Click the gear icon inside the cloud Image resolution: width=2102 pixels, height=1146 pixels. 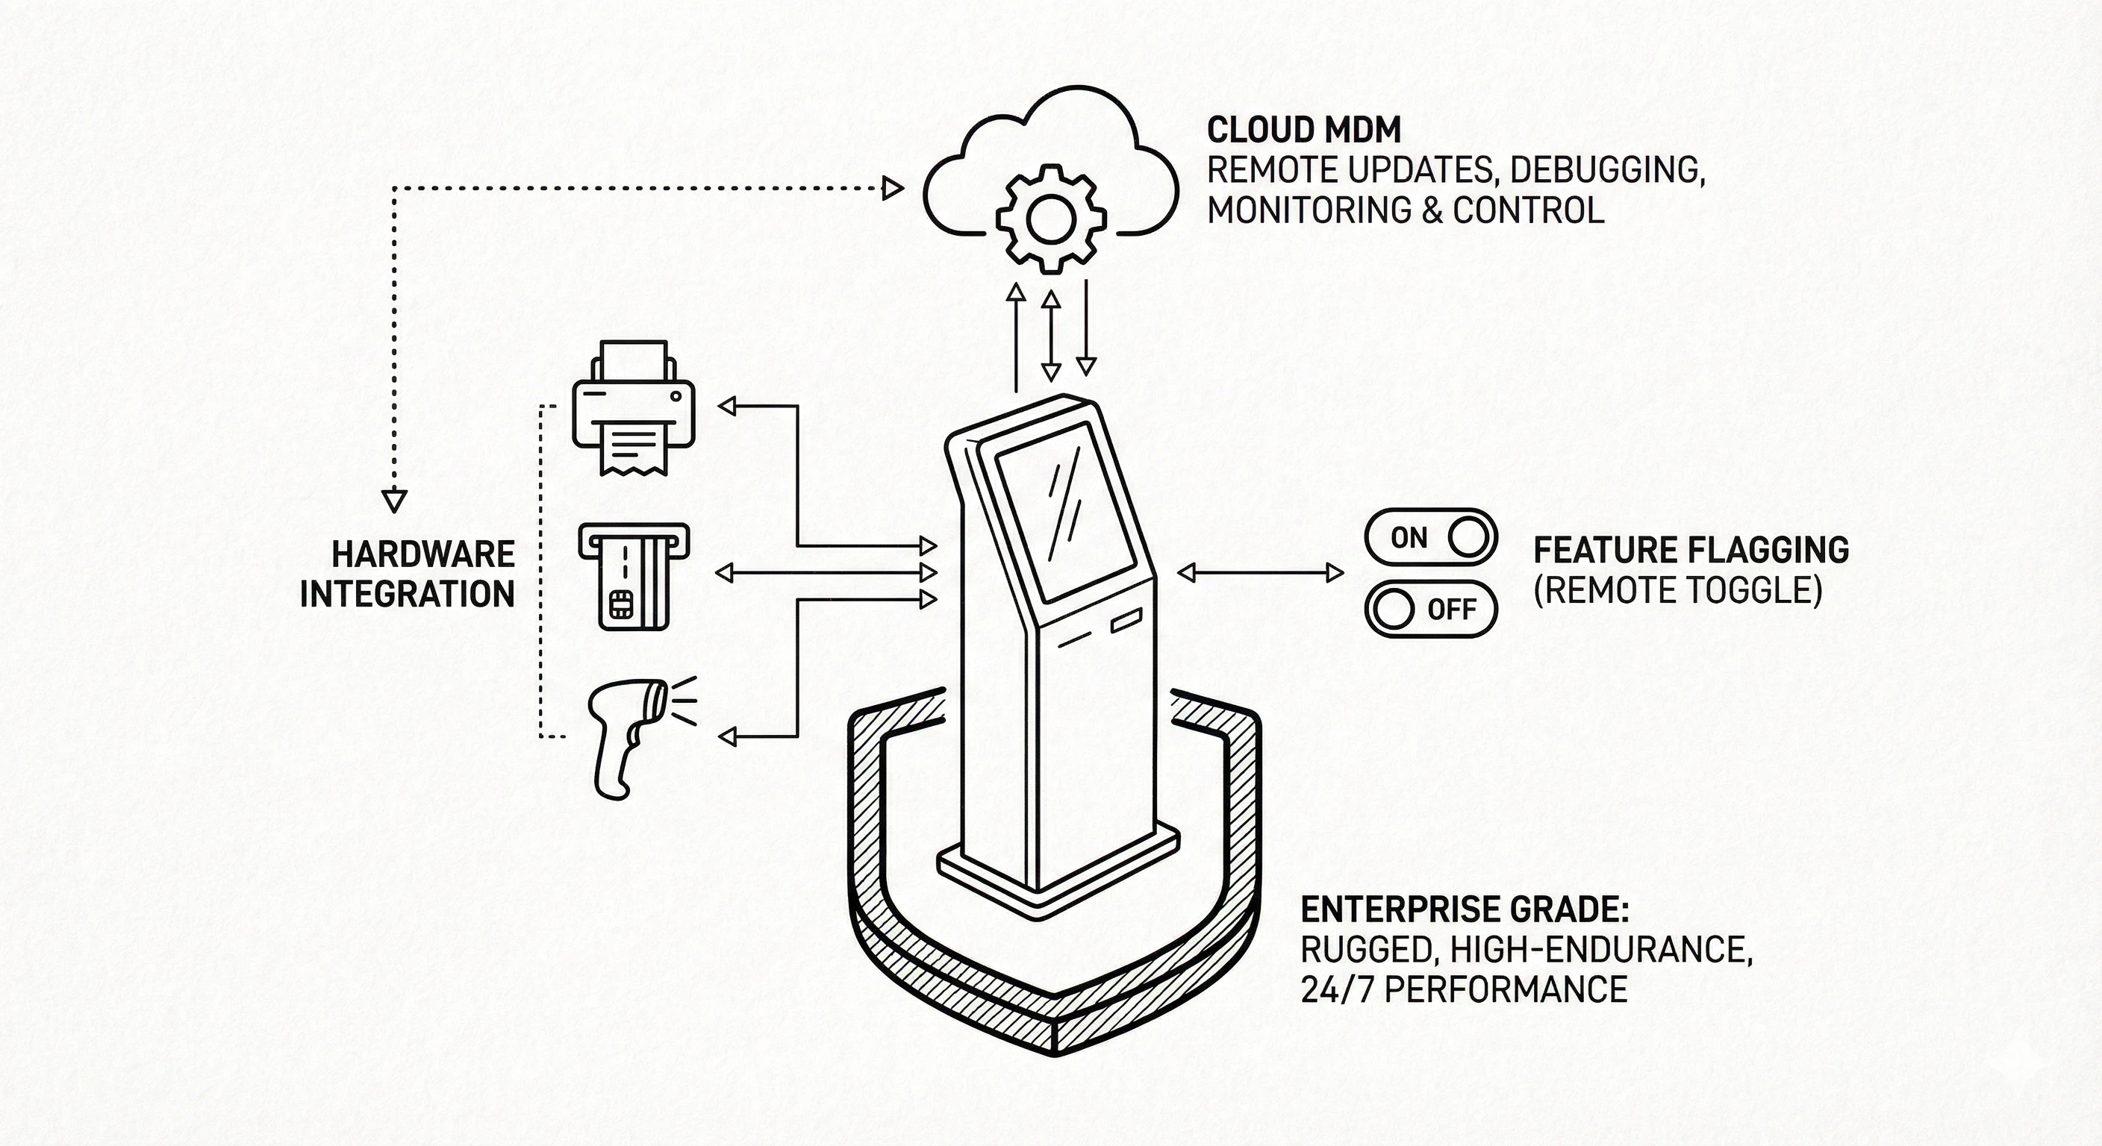coord(1050,218)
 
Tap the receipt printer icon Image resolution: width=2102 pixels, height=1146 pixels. coord(633,407)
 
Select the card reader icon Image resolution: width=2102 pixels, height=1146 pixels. coord(634,575)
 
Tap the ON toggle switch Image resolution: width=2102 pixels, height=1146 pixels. coord(1430,537)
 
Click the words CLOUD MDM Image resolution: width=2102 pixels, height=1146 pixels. coord(1303,131)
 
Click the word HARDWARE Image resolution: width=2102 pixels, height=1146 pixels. coord(422,554)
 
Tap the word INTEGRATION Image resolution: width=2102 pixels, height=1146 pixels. coord(407,594)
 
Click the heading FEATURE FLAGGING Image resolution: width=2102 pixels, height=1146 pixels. coord(1691,551)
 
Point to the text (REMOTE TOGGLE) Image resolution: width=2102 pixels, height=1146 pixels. coord(1678,589)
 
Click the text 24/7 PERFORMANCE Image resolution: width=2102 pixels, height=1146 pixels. coord(1464,989)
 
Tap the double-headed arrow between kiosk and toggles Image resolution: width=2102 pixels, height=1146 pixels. coord(1260,574)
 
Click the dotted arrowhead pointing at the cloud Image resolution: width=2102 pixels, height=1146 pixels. coord(893,190)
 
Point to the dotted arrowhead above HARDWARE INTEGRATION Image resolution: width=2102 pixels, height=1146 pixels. coord(394,500)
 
